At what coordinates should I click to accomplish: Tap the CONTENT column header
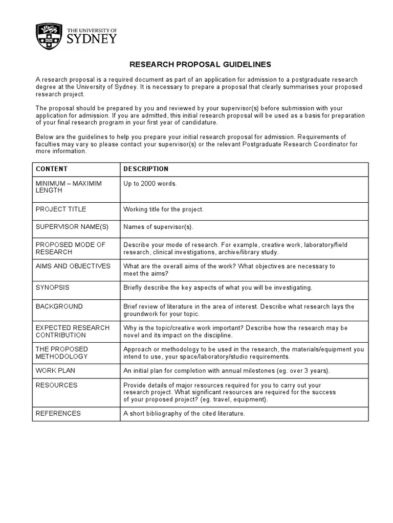[x=51, y=169]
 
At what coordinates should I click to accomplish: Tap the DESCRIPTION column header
[x=146, y=169]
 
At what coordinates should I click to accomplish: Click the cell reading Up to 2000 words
[x=150, y=183]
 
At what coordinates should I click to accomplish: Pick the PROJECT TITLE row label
[x=61, y=209]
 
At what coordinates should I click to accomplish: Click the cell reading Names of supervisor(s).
[x=159, y=227]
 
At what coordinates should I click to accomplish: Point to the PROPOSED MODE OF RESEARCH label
[x=70, y=248]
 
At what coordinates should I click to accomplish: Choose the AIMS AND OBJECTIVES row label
[x=73, y=266]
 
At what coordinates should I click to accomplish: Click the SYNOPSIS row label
[x=52, y=288]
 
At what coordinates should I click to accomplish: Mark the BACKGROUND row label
[x=59, y=306]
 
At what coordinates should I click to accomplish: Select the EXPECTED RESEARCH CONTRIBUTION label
[x=72, y=331]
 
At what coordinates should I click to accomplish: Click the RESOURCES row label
[x=56, y=385]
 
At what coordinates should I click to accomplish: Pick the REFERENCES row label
[x=58, y=413]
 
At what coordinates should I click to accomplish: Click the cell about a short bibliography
[x=184, y=413]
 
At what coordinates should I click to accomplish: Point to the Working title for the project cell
[x=163, y=209]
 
